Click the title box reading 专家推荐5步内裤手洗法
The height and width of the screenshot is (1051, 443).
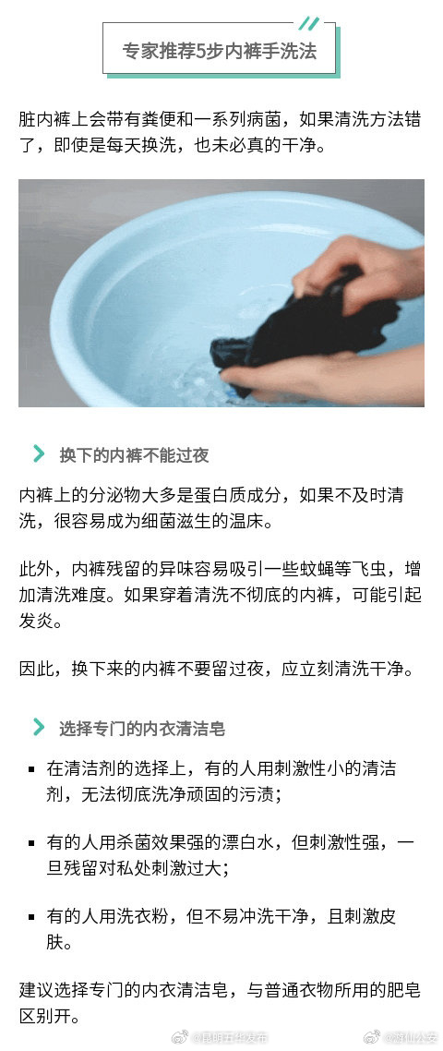pos(220,51)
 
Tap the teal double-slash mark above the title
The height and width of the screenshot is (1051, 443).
pos(309,23)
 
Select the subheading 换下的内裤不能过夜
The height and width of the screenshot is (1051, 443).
pos(134,454)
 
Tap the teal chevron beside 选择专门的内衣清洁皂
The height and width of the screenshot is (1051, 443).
pos(39,728)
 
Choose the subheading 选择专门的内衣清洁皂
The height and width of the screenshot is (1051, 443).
pos(142,729)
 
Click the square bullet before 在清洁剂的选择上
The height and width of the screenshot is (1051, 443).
pos(32,768)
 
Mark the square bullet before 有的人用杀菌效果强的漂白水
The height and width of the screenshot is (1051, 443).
pos(32,843)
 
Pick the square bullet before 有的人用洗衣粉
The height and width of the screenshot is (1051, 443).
pos(32,918)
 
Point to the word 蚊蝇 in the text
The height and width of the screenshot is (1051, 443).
pos(309,571)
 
